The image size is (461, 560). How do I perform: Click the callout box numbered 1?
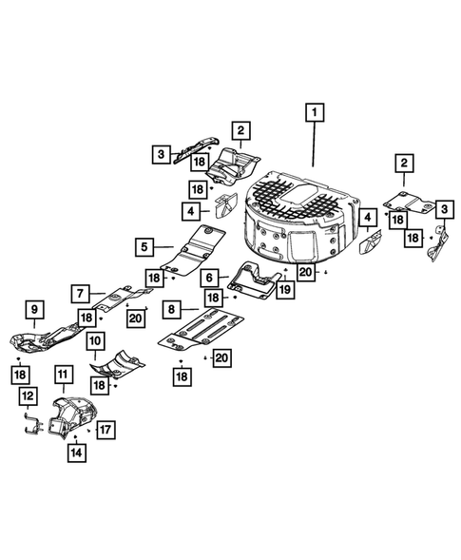pos(312,113)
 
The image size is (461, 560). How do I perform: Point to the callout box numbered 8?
pos(170,309)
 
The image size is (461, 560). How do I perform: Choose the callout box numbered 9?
pos(32,308)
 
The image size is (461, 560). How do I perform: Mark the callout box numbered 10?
pos(95,340)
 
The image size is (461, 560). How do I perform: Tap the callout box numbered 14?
pos(73,454)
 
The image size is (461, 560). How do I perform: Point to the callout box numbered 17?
pos(105,428)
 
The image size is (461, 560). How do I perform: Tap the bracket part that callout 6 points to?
pos(256,278)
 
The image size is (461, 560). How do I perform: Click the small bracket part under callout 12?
pos(32,426)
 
